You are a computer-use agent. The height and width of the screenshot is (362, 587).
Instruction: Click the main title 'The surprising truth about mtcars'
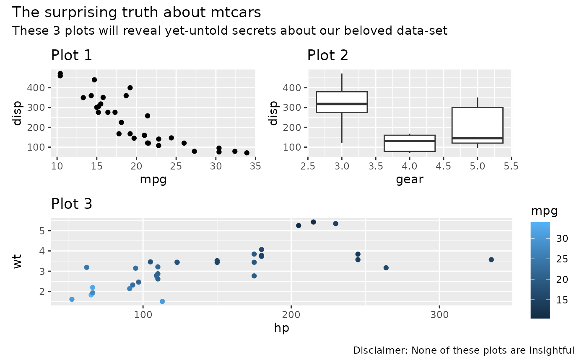[x=136, y=13]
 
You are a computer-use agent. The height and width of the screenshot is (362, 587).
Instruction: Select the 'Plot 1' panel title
[x=72, y=55]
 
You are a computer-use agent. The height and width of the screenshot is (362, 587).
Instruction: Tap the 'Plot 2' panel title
[x=328, y=55]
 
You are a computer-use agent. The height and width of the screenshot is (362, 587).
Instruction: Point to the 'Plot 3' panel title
[x=72, y=204]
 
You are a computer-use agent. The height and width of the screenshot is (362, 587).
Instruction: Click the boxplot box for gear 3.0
[x=342, y=102]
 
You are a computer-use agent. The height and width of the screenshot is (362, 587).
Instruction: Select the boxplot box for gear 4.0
[x=410, y=143]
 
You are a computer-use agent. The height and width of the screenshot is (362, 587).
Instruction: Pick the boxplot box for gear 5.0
[x=478, y=125]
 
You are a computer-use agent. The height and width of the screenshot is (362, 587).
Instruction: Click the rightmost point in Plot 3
[x=491, y=259]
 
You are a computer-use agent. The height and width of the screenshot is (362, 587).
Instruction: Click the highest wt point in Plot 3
[x=313, y=222]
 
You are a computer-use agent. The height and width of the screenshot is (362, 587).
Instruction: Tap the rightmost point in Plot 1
[x=247, y=153]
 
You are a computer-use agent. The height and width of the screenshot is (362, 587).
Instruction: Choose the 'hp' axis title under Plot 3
[x=282, y=328]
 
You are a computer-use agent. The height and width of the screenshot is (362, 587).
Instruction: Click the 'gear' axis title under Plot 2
[x=410, y=180]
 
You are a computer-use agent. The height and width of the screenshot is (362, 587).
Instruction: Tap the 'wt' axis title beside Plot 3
[x=18, y=263]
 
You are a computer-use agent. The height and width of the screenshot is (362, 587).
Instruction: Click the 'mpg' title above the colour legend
[x=544, y=211]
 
